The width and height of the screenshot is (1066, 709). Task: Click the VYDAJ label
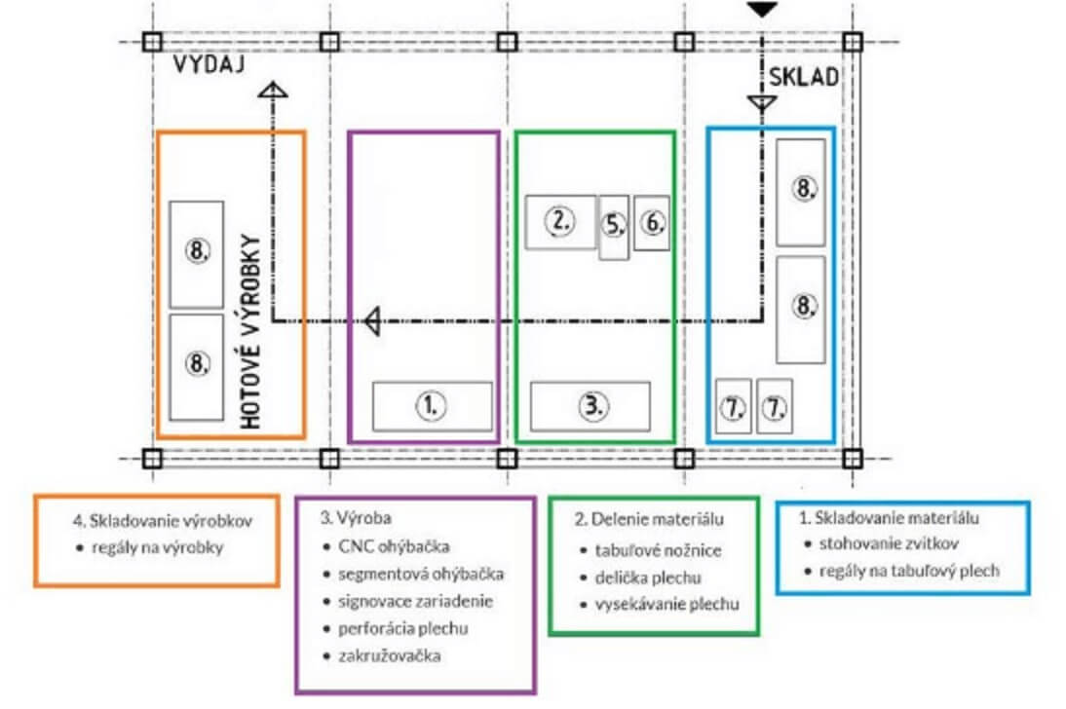209,64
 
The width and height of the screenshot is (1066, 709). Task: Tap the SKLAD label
804,77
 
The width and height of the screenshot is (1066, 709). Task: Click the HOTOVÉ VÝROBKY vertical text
250,332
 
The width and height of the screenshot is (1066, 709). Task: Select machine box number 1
433,406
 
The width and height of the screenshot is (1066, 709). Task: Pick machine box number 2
561,222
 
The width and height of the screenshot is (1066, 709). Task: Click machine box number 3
590,406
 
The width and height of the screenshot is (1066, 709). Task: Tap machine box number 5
614,227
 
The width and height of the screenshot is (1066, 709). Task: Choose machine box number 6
652,223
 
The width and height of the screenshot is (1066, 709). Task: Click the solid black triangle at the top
762,10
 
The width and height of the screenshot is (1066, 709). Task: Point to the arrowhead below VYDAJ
273,90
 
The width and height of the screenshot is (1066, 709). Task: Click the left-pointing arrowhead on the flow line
372,320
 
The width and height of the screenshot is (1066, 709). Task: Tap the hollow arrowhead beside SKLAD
762,103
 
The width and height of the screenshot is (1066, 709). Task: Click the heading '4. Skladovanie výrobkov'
163,521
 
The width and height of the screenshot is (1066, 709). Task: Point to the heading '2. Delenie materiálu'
649,519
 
